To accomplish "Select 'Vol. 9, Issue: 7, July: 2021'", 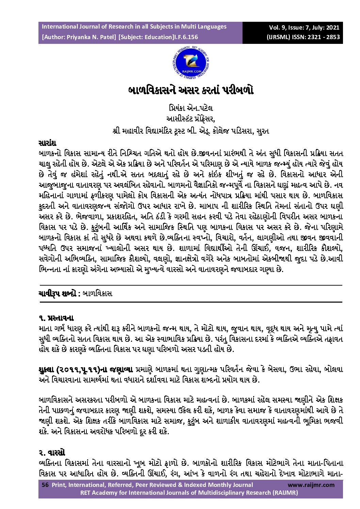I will (304, 28).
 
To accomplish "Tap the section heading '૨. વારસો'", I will (52, 453).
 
